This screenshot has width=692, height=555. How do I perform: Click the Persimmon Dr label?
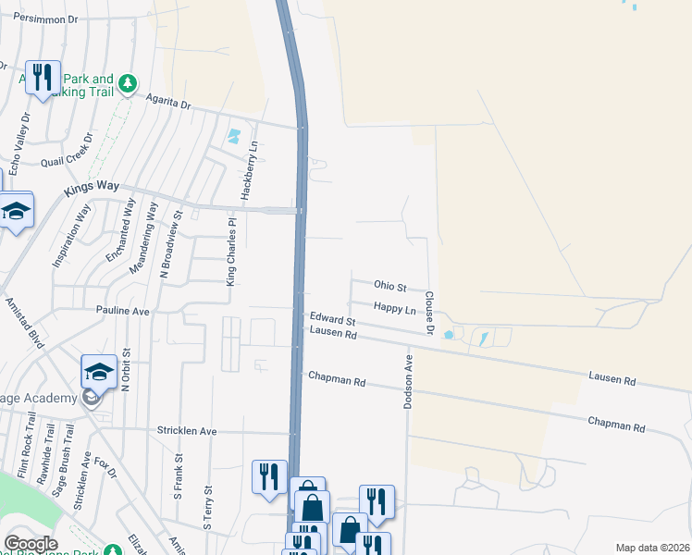(x=45, y=17)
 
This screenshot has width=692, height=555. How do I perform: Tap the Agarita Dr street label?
(x=168, y=101)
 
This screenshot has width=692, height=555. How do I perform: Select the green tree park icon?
(x=128, y=82)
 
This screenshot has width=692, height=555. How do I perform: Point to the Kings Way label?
(x=93, y=189)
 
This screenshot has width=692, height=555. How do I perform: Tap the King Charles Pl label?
(x=231, y=252)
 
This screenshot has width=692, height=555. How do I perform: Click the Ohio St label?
(x=389, y=285)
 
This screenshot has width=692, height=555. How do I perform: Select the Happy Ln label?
(x=394, y=307)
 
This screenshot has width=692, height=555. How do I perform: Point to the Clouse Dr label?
(x=429, y=311)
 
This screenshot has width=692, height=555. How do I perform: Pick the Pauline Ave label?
(x=123, y=312)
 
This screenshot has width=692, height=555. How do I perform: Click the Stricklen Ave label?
(x=186, y=431)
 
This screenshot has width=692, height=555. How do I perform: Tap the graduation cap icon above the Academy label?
(x=99, y=371)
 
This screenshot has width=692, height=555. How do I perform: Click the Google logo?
(x=31, y=544)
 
